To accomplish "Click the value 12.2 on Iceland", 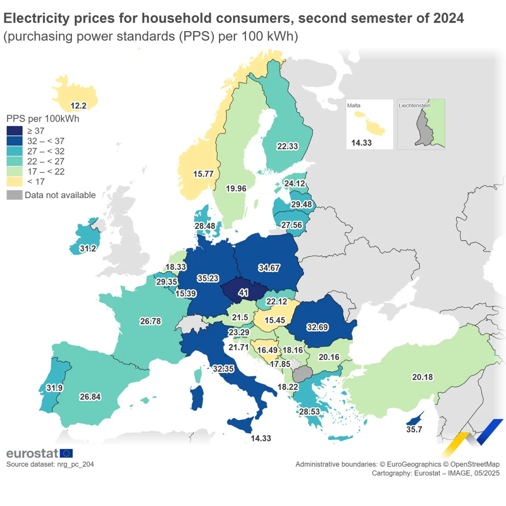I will click(x=78, y=105).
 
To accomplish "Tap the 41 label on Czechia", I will click(x=243, y=292).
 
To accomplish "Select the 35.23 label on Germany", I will click(x=208, y=278).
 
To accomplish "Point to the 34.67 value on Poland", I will click(x=269, y=268).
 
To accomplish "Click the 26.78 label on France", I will click(x=150, y=321).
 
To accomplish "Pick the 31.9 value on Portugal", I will click(x=54, y=388).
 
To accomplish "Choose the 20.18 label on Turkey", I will click(x=422, y=377).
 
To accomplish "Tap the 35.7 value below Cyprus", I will click(x=414, y=429).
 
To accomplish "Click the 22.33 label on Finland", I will click(x=287, y=146).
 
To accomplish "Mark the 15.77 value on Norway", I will click(x=203, y=174).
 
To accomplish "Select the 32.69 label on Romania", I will click(x=317, y=327).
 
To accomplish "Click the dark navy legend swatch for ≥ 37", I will click(x=14, y=131).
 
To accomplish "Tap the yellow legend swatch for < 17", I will click(x=14, y=181).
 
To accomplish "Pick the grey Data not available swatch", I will click(x=14, y=195).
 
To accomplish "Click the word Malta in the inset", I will click(x=353, y=105).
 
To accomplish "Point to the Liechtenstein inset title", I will click(x=414, y=105).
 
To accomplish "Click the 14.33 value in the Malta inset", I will click(x=361, y=143).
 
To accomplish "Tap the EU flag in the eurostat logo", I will click(x=66, y=453).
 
